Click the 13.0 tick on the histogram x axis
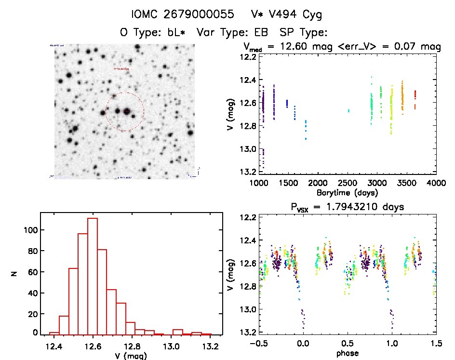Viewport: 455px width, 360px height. click(178, 346)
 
